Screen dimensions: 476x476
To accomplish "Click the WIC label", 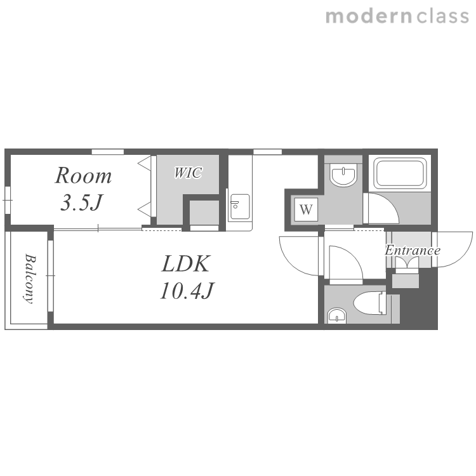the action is [x=188, y=173].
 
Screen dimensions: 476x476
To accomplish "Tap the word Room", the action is [x=83, y=175].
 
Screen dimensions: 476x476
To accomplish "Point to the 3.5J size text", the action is [x=82, y=202].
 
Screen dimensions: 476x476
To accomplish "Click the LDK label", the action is [x=186, y=263].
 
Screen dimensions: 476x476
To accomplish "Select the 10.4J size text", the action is [x=187, y=291].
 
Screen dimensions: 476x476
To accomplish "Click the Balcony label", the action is [x=30, y=279].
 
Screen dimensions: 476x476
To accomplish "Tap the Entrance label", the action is [x=413, y=251].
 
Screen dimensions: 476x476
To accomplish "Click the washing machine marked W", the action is [x=306, y=209].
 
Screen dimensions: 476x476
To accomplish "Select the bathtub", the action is [x=400, y=173].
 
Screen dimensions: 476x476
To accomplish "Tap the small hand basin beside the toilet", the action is [x=337, y=315].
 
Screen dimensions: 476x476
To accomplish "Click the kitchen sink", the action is [x=240, y=206].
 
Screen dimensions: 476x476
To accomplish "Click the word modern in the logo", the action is [x=369, y=17].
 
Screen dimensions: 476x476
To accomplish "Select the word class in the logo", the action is [x=442, y=17].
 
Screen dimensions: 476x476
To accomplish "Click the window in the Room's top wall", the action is [x=108, y=152].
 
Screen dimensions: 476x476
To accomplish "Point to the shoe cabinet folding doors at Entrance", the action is [x=407, y=263].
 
